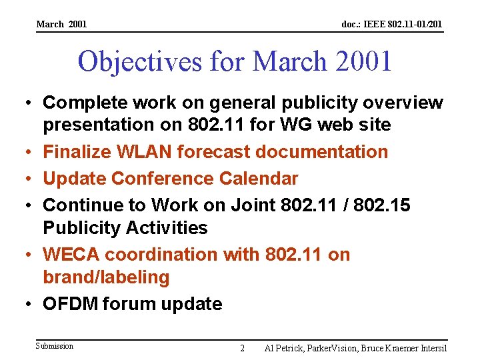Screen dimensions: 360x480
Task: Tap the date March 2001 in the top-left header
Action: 61,25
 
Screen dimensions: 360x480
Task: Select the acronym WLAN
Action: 146,152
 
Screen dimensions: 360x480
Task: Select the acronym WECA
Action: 71,255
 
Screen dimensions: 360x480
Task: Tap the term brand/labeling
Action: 107,277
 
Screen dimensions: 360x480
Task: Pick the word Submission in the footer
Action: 55,346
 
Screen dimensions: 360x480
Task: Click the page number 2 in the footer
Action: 242,348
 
